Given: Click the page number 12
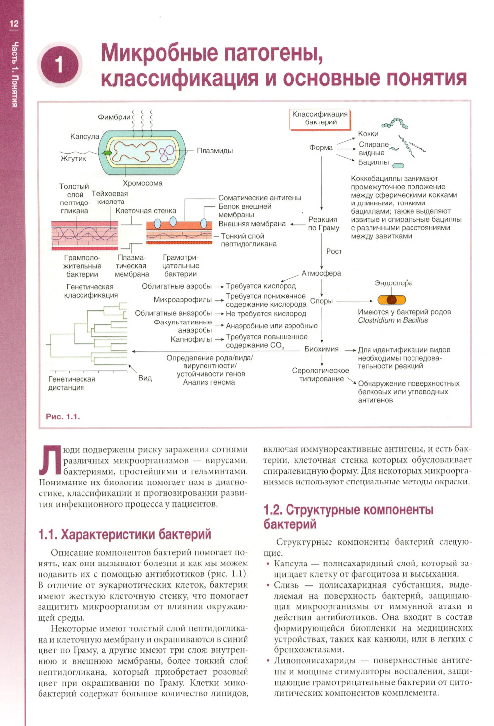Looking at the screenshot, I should [14, 23].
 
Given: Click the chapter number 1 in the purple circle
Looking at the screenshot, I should [59, 65].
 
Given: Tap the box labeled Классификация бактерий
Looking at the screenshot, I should [321, 119].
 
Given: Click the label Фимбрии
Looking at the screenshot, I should [114, 117].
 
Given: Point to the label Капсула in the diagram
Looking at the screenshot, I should [84, 136].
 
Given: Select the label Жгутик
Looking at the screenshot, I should [73, 158].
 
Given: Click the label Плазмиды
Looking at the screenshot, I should [214, 151].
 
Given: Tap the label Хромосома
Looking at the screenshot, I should [142, 183].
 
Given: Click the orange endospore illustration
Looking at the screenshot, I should [392, 300].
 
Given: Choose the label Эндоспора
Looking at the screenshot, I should [393, 283].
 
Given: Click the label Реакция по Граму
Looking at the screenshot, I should [323, 224].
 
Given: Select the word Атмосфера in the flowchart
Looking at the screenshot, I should [321, 273].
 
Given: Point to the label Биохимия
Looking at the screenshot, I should [321, 349].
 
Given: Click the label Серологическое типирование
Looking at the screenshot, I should [321, 375].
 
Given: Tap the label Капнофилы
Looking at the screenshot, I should [191, 339].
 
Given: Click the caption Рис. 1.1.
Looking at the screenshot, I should [63, 417].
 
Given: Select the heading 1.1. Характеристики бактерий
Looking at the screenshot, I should [125, 534].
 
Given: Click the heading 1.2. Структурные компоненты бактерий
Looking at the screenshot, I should [348, 517].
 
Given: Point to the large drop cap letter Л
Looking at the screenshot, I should [50, 461].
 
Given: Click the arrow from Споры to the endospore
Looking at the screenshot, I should [354, 301].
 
